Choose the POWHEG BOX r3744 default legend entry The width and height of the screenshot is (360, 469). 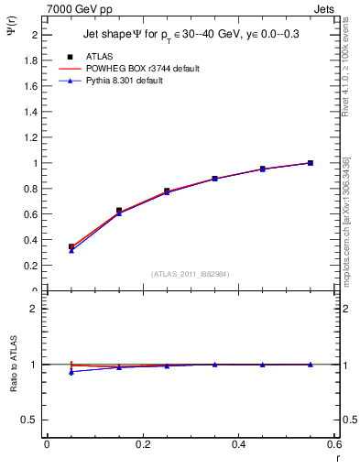pos(141,69)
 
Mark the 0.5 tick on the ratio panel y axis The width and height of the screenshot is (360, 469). pos(31,420)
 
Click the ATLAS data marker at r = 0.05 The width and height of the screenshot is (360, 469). pos(71,246)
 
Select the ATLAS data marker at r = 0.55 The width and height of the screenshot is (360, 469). pos(311,163)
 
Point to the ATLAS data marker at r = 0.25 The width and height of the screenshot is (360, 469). pos(167,191)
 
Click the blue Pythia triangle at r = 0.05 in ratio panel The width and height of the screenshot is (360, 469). pos(71,372)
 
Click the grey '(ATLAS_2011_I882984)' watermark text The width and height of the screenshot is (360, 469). pos(191,273)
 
